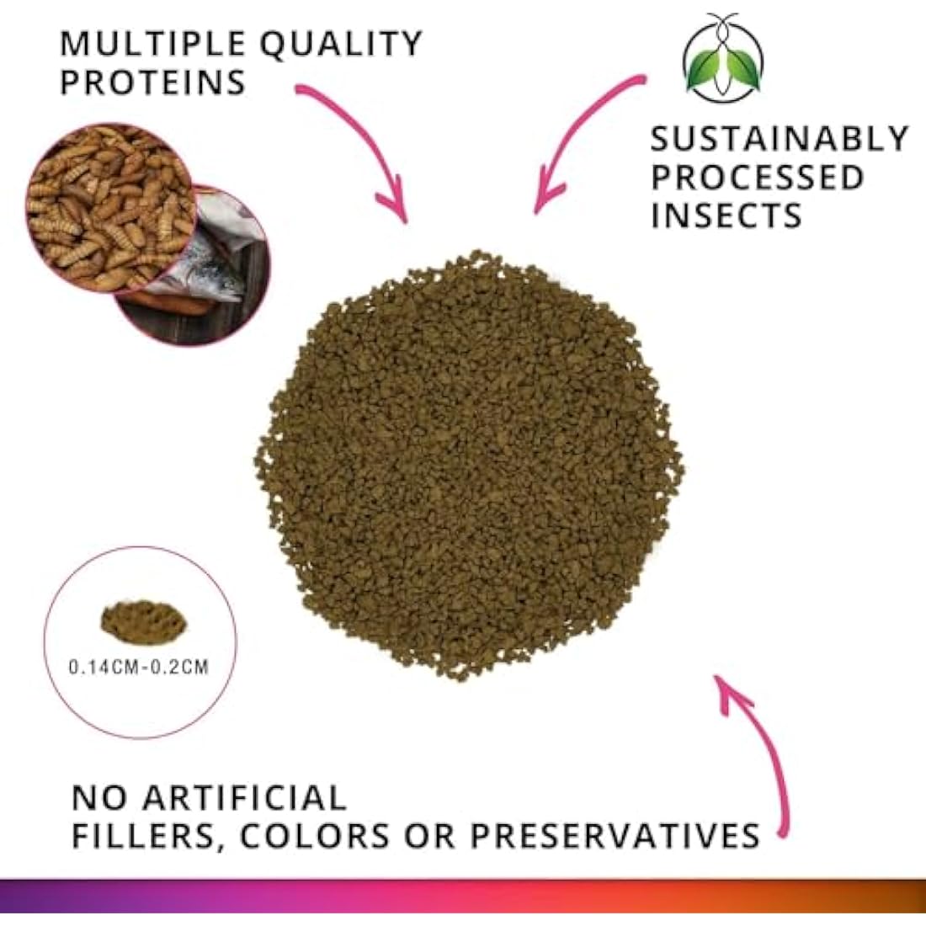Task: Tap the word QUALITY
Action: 340,44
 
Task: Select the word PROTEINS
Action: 152,82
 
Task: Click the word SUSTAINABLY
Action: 780,139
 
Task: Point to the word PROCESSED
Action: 757,178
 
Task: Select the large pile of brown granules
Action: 468,463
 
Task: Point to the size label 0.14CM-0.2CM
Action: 139,668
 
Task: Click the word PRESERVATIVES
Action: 615,836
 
